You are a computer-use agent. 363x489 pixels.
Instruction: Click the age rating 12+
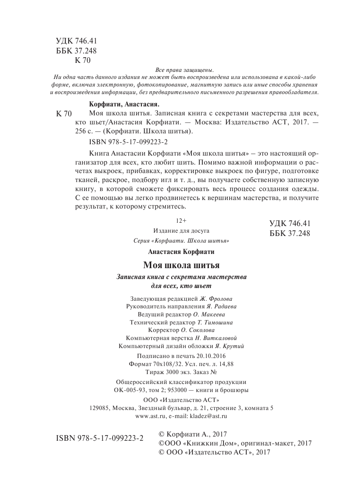point(181,221)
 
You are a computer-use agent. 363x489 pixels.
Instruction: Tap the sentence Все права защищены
point(181,69)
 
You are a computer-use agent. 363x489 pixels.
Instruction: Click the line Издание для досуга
point(181,231)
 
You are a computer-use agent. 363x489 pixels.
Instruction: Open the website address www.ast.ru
point(150,417)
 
